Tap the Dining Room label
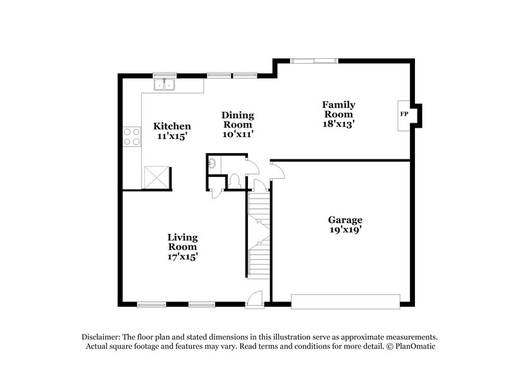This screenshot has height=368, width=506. (x=238, y=120)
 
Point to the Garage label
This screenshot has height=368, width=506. (x=345, y=220)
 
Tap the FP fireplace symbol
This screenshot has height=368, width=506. (x=404, y=114)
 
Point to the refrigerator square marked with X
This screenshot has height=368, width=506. (x=156, y=176)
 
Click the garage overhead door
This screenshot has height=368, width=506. (x=345, y=301)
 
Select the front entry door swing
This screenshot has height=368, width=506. (x=255, y=298)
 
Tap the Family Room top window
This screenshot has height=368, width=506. (x=314, y=61)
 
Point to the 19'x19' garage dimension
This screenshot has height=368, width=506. (x=345, y=230)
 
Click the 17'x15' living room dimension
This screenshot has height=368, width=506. (x=182, y=257)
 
